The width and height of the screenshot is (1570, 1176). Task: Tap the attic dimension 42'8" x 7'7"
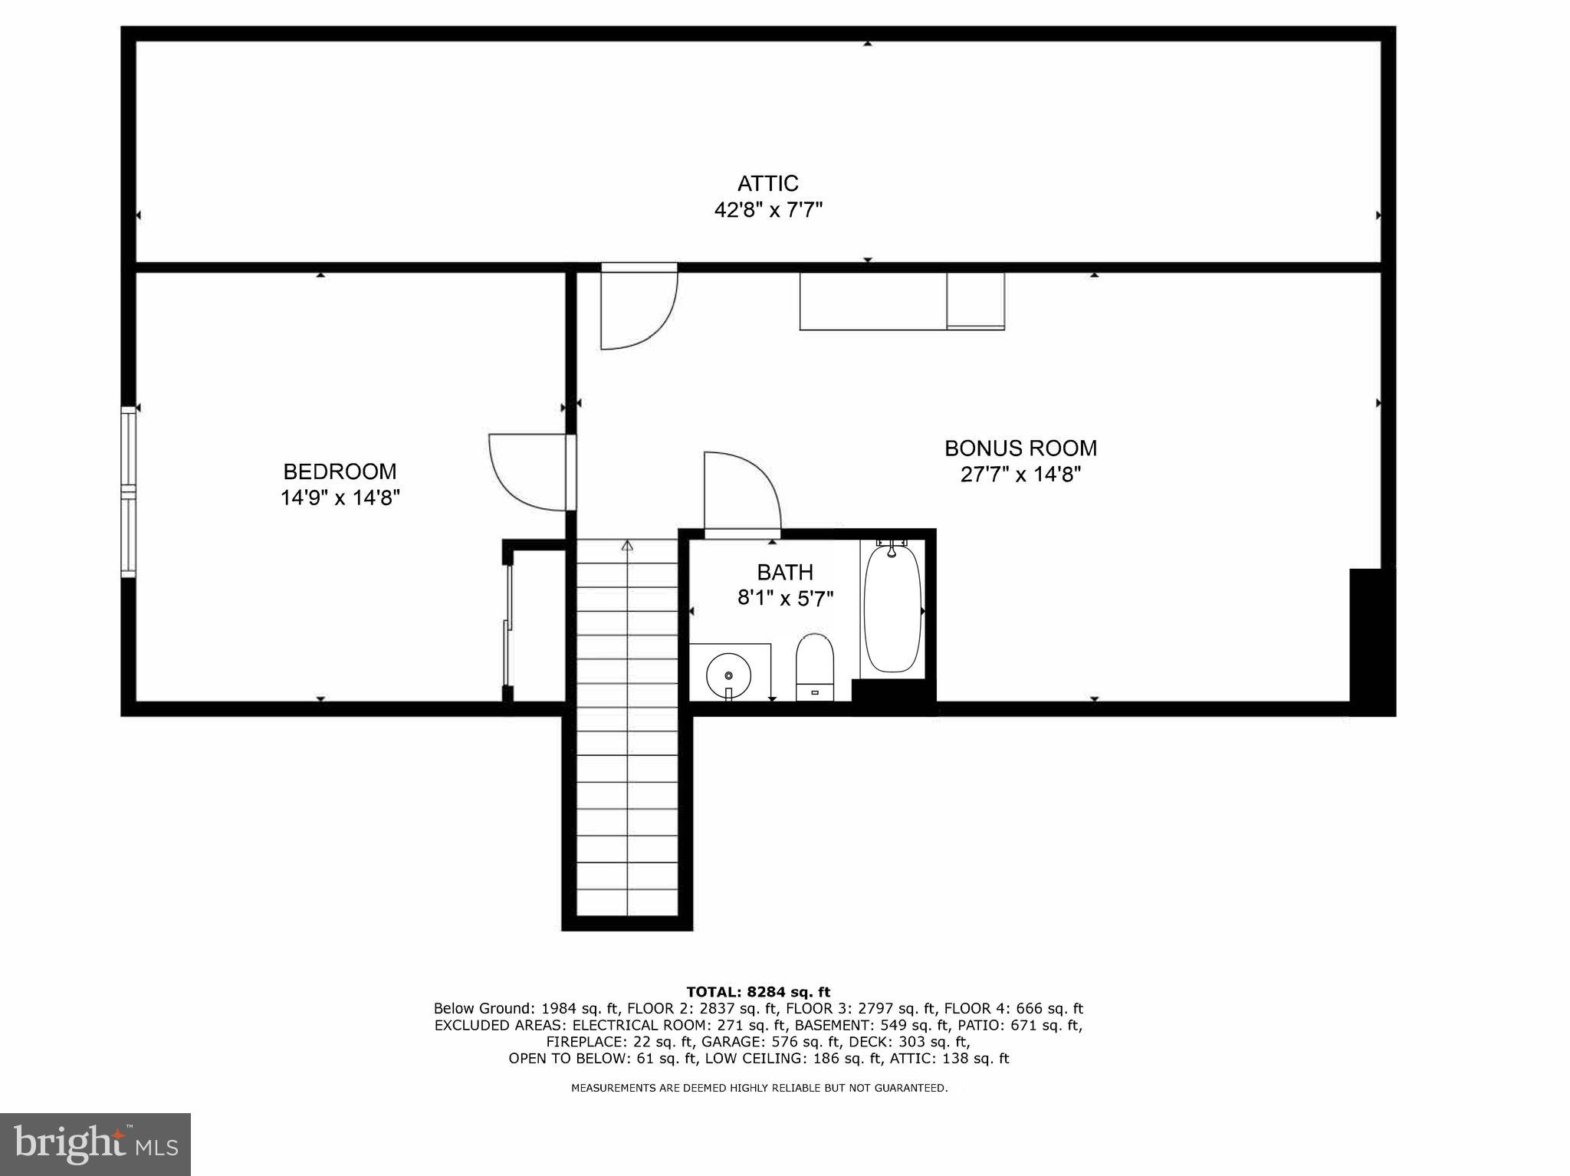(x=768, y=210)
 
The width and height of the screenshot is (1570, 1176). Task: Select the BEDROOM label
(x=340, y=471)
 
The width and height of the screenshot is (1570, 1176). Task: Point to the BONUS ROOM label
(x=1020, y=448)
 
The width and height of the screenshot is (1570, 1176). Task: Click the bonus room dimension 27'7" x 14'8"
(x=1020, y=475)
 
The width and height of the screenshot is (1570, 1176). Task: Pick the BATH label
(x=785, y=573)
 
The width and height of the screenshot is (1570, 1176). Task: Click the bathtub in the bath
(x=892, y=609)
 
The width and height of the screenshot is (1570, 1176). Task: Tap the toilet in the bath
(x=814, y=665)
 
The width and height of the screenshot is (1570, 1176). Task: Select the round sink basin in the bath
(x=728, y=675)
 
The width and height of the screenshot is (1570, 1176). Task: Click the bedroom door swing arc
(x=521, y=475)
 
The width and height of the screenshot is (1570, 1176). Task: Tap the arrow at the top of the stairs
(x=627, y=546)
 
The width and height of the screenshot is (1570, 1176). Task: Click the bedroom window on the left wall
(x=128, y=491)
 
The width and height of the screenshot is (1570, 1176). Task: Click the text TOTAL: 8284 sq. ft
(x=757, y=992)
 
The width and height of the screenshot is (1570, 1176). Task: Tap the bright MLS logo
(x=95, y=1145)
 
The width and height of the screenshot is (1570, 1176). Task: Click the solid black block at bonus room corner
(x=1371, y=642)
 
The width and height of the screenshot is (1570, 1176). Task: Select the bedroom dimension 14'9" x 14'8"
(x=340, y=498)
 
